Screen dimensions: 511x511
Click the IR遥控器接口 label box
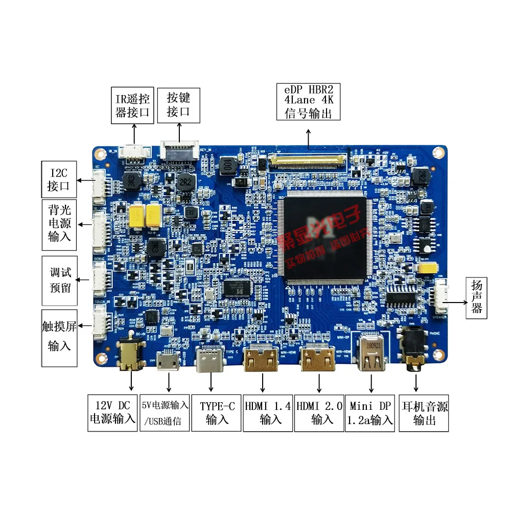(133, 105)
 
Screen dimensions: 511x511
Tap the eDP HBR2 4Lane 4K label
(308, 101)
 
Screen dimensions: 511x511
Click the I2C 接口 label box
(58, 179)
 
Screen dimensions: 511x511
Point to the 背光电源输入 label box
(59, 223)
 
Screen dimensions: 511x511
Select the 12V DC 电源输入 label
(112, 412)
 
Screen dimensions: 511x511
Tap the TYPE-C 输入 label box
(217, 412)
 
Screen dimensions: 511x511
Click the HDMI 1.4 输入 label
(267, 412)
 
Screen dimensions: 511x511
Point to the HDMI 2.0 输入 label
(319, 412)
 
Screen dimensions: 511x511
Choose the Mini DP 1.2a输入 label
(370, 412)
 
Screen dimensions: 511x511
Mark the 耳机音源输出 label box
(424, 412)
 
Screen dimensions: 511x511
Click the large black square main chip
(326, 240)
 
